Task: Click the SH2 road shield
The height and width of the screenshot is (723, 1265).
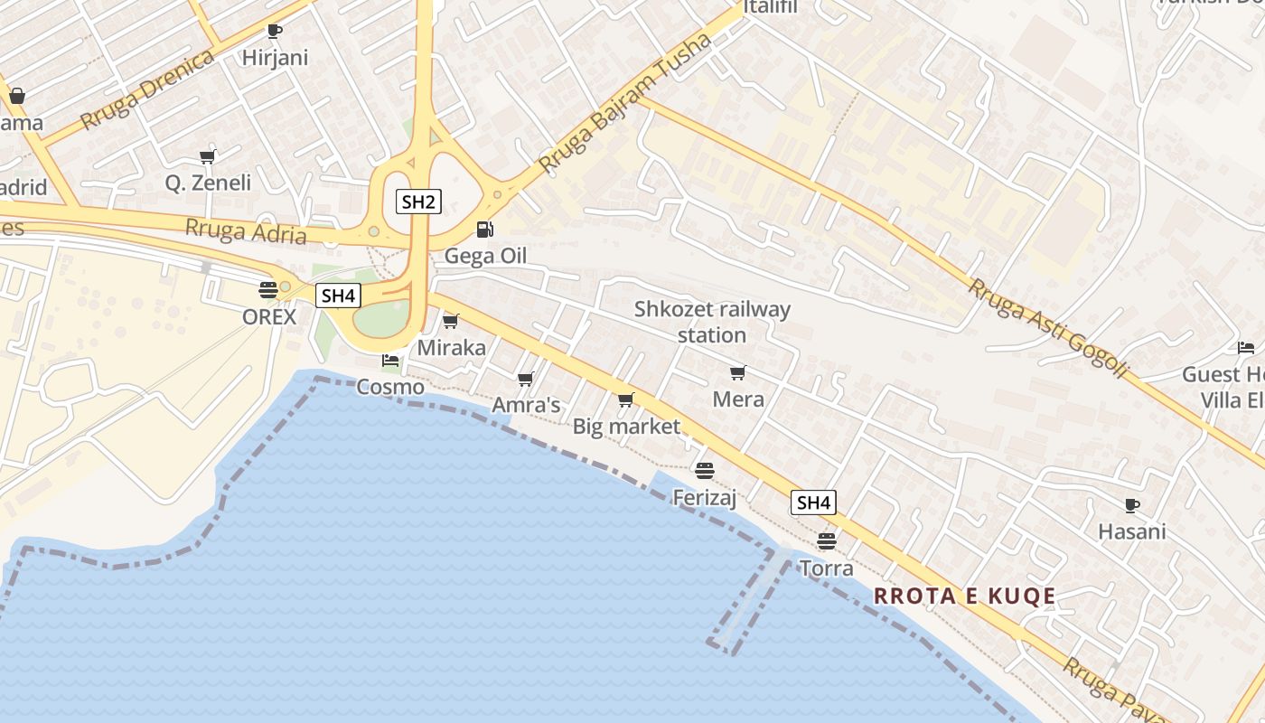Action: point(418,201)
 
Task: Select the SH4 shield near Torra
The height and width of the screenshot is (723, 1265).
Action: point(813,502)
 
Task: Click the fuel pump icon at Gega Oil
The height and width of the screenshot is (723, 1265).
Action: point(485,230)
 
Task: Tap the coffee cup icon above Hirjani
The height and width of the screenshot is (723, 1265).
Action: point(275,31)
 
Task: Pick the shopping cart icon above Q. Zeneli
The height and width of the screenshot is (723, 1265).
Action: point(208,156)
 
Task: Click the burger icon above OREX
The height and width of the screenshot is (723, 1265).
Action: point(267,290)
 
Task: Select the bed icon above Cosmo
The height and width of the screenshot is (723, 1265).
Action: point(390,360)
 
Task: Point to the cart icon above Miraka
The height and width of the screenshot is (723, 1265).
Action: point(451,321)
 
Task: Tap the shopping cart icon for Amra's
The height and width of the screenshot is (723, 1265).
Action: point(526,379)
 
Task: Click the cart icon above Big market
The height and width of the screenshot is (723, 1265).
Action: point(625,399)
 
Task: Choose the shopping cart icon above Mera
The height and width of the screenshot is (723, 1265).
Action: point(738,372)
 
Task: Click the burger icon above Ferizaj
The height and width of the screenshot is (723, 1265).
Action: point(705,470)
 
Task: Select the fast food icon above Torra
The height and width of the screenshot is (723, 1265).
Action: point(826,541)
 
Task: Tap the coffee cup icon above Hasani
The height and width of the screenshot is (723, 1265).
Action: point(1132,505)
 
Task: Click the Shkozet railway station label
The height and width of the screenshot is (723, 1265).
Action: point(712,322)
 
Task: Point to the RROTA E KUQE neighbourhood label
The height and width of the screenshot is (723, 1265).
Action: point(965,596)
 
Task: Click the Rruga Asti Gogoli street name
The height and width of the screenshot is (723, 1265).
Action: point(1048,327)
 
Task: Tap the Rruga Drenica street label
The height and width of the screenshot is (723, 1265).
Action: point(147,89)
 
